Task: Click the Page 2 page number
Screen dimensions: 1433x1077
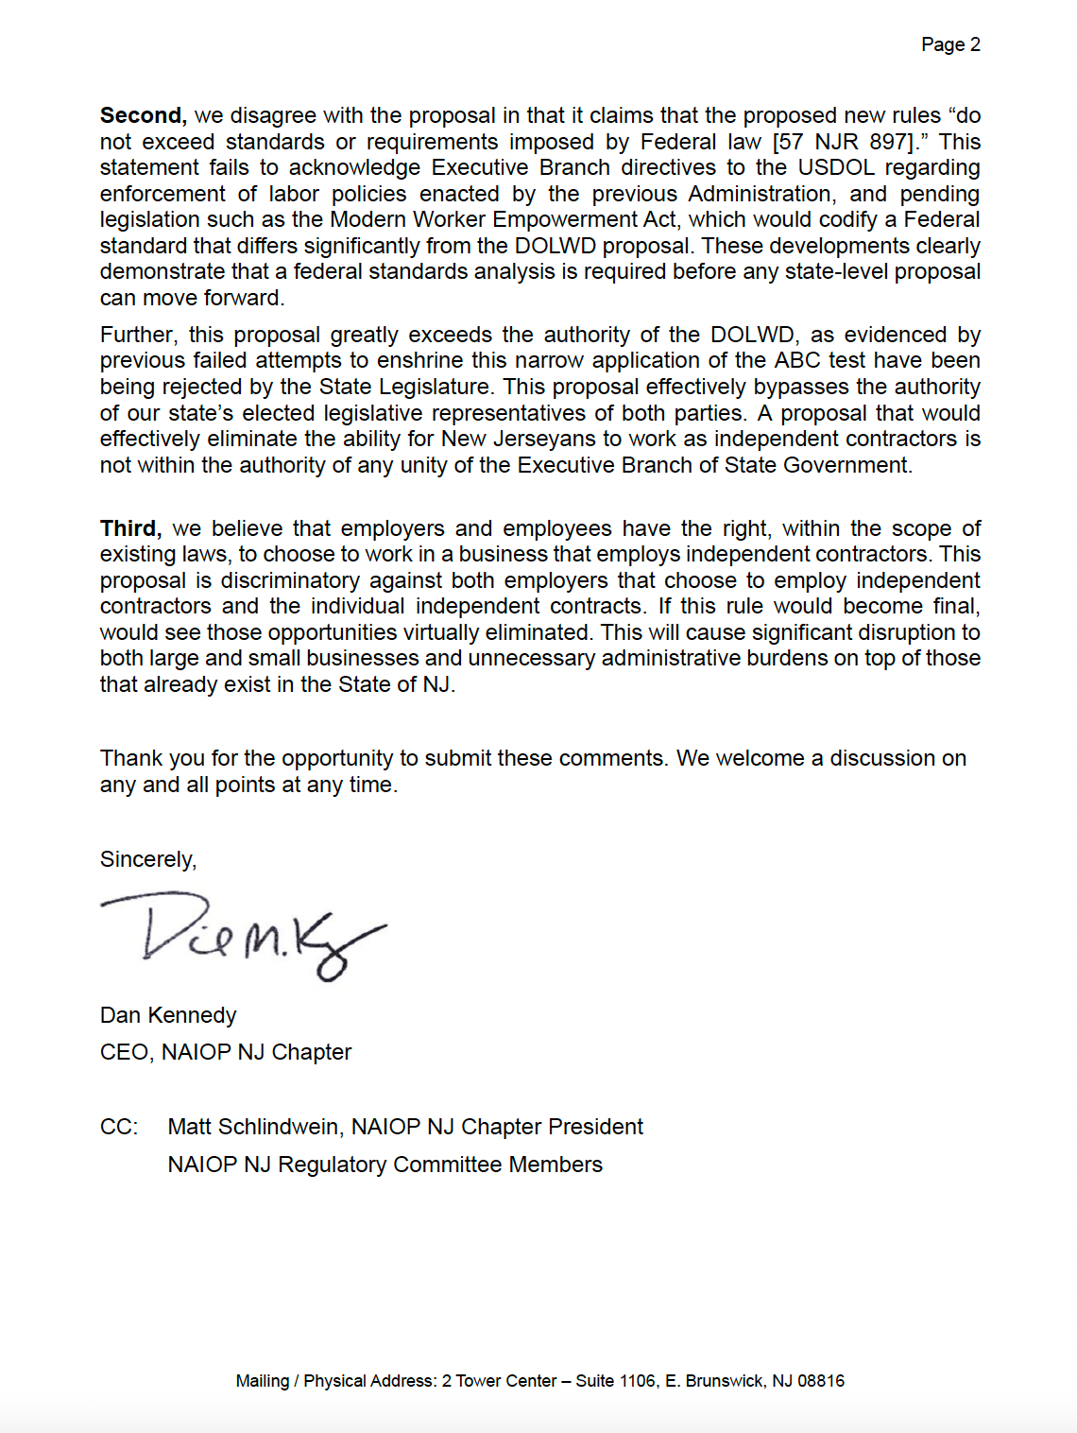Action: [950, 44]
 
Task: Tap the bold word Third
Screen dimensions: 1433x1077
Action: [130, 528]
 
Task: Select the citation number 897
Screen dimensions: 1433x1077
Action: [889, 142]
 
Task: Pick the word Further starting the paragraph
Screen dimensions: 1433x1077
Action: [138, 335]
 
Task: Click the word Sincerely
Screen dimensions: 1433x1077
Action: [148, 859]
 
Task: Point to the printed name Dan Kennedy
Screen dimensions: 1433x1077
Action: [168, 1015]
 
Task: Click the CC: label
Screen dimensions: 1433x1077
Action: [119, 1127]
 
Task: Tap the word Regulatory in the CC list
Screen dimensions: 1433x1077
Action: [332, 1165]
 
